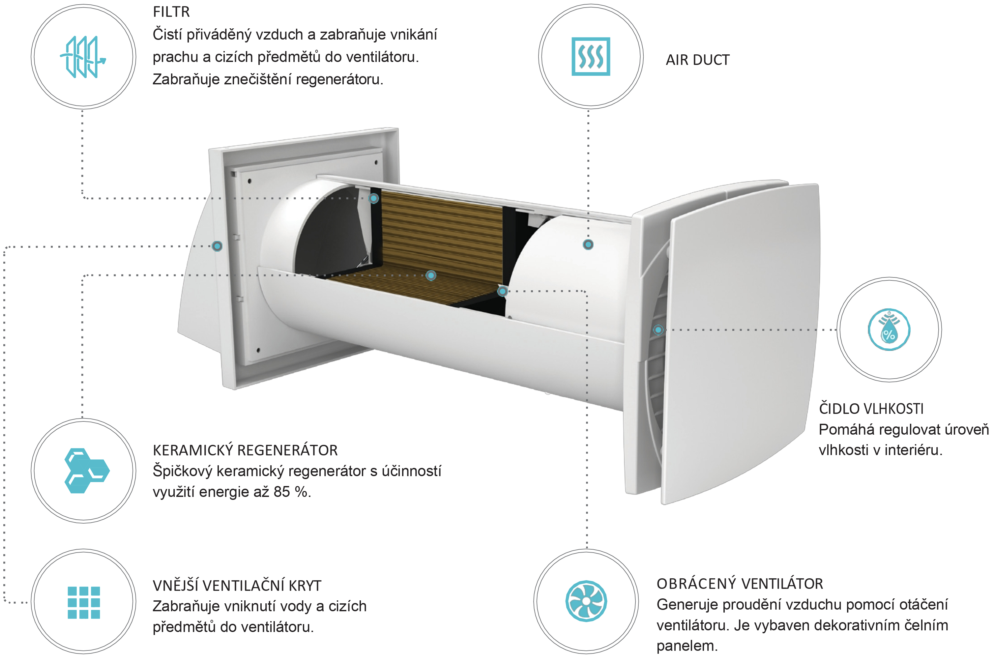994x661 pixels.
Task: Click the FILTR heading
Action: pyautogui.click(x=171, y=12)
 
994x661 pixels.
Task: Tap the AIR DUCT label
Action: pyautogui.click(x=697, y=60)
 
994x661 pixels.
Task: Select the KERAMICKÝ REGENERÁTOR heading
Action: pyautogui.click(x=245, y=450)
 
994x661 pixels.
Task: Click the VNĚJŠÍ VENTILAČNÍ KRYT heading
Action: pyautogui.click(x=237, y=586)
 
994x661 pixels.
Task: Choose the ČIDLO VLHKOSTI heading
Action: pyautogui.click(x=871, y=409)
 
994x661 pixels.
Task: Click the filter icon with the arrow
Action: pyautogui.click(x=83, y=57)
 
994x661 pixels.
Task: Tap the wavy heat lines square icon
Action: pyautogui.click(x=591, y=56)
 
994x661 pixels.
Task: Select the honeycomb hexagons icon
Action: pyautogui.click(x=86, y=471)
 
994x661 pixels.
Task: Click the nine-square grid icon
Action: pyautogui.click(x=83, y=602)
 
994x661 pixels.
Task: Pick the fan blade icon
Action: pyautogui.click(x=586, y=601)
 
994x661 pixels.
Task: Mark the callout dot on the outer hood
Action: pyautogui.click(x=217, y=246)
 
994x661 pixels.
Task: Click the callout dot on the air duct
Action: pyautogui.click(x=588, y=244)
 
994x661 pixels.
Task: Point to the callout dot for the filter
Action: pyautogui.click(x=373, y=198)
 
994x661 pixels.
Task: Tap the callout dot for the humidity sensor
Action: pyautogui.click(x=658, y=330)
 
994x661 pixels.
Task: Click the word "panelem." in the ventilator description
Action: pyautogui.click(x=687, y=646)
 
